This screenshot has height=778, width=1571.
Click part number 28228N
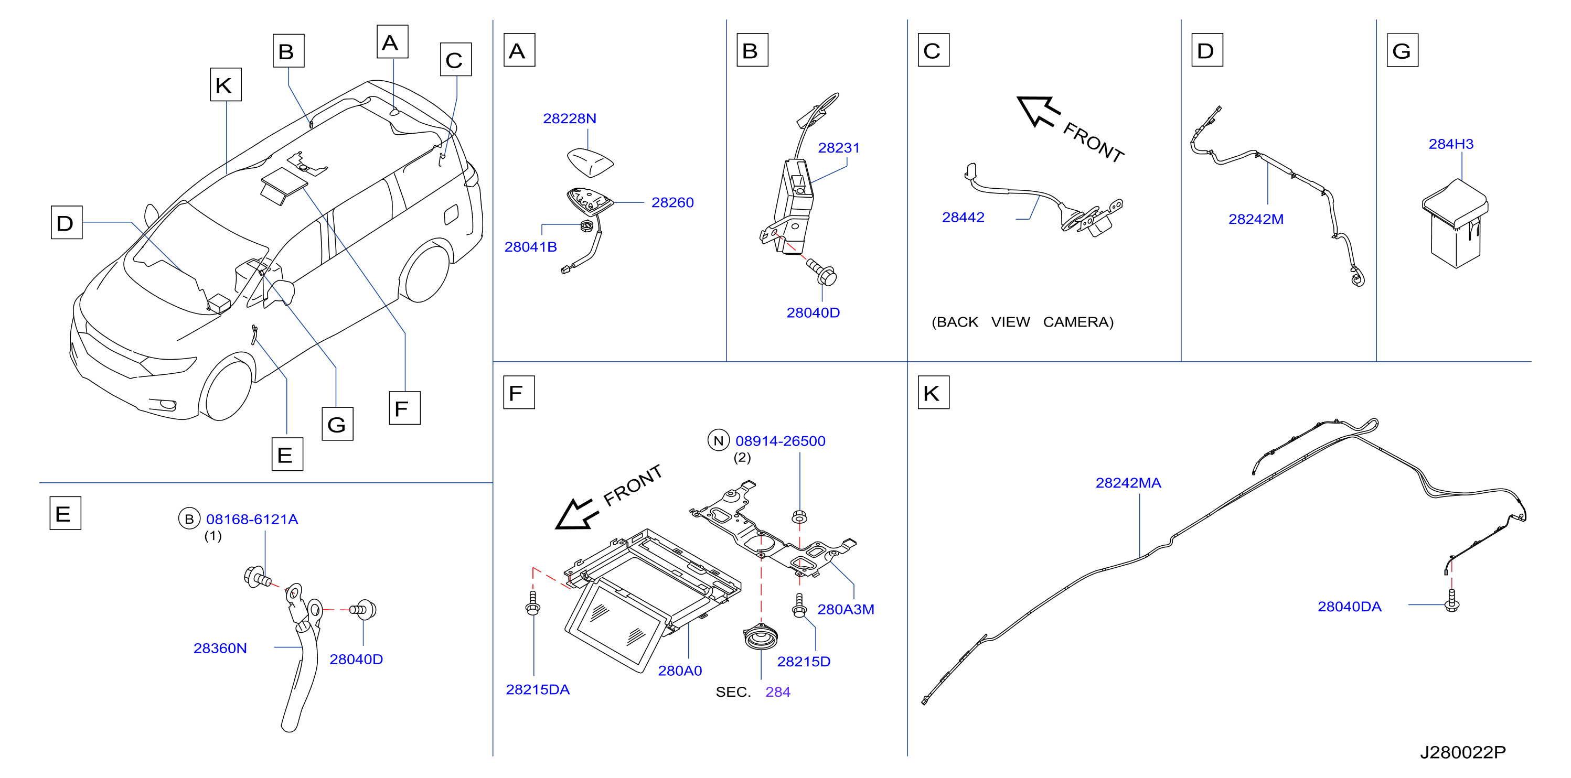pyautogui.click(x=569, y=118)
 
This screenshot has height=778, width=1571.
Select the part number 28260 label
pyautogui.click(x=672, y=202)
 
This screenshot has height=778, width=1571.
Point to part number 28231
pyautogui.click(x=839, y=147)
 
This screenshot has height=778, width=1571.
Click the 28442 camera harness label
pyautogui.click(x=963, y=217)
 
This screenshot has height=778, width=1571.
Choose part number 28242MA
pyautogui.click(x=1128, y=483)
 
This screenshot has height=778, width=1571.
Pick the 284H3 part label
pyautogui.click(x=1451, y=144)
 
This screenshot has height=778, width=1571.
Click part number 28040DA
pyautogui.click(x=1349, y=607)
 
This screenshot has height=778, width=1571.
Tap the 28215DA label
pyautogui.click(x=537, y=689)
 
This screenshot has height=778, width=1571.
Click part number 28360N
pyautogui.click(x=220, y=648)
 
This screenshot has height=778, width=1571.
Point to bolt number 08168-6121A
pyautogui.click(x=252, y=520)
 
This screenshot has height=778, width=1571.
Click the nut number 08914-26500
pyautogui.click(x=780, y=441)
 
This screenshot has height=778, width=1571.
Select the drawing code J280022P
pyautogui.click(x=1462, y=752)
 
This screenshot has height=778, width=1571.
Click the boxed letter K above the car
pyautogui.click(x=226, y=85)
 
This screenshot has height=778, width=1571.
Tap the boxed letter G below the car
pyautogui.click(x=337, y=424)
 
